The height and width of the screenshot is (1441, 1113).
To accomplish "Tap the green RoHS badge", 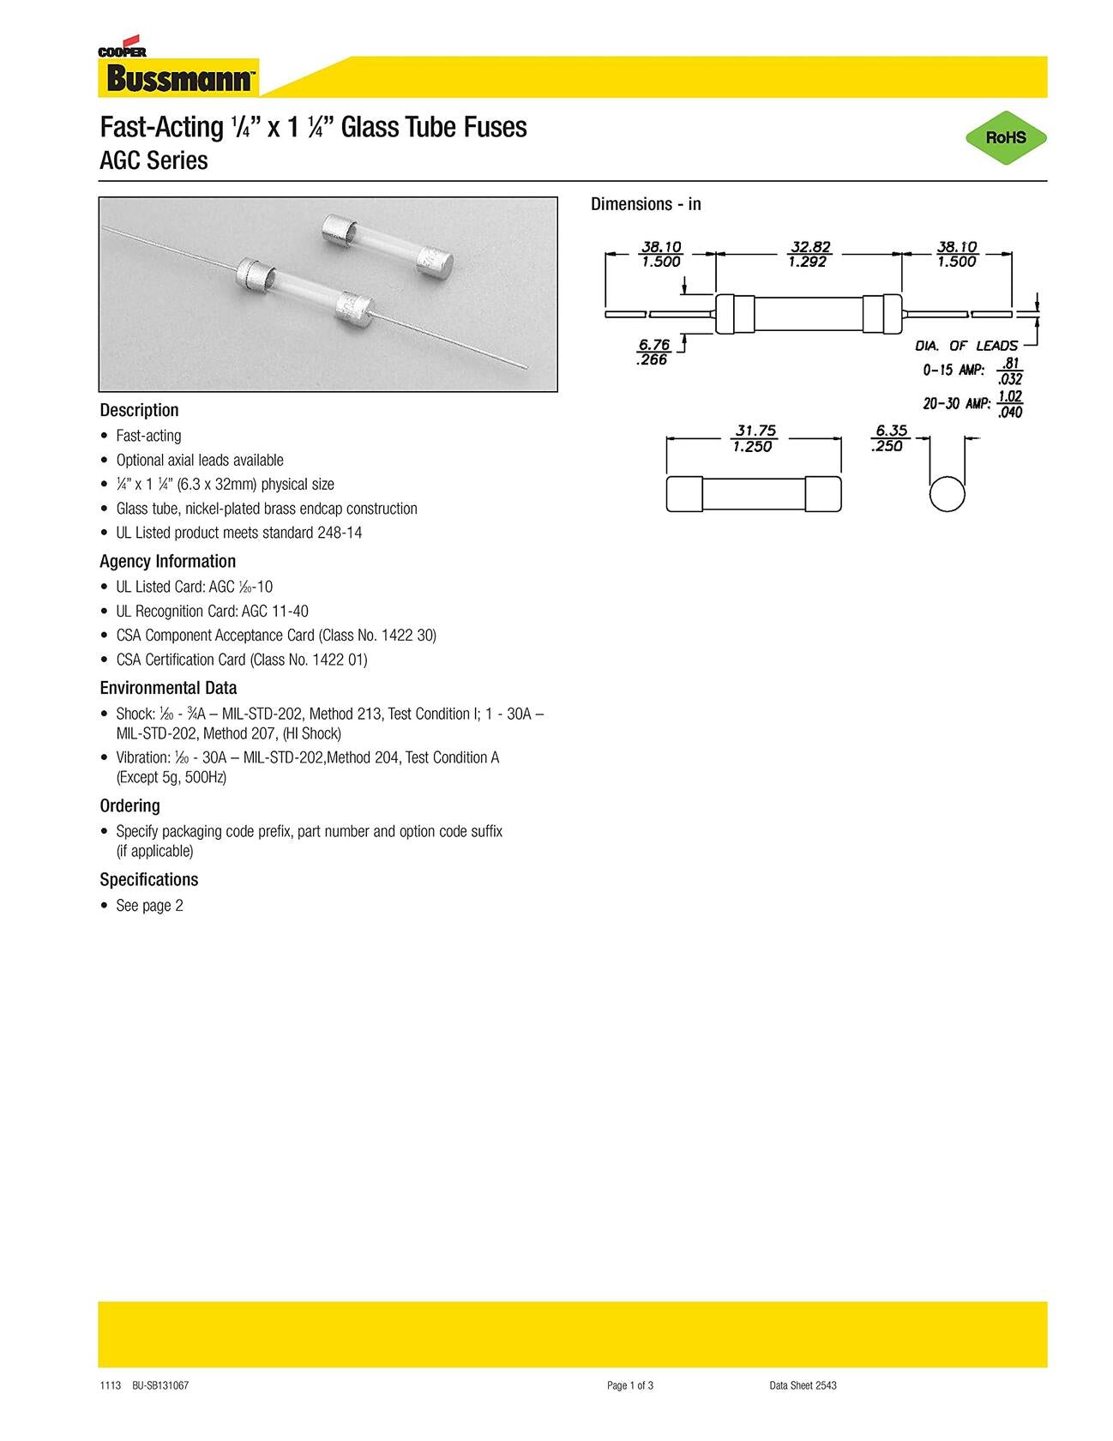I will point(1005,137).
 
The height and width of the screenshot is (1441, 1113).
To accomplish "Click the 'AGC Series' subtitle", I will point(153,160).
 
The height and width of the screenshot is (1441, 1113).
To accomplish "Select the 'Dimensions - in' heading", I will point(646,204).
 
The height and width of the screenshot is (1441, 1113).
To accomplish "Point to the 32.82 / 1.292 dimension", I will point(809,255).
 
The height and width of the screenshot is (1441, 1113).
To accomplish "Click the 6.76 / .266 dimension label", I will point(653,353).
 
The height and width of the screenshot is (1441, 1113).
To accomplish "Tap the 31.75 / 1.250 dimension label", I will point(753,438).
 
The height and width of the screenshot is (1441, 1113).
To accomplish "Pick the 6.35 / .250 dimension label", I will point(889,438).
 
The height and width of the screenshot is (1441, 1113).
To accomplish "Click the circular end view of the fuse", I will point(947,493).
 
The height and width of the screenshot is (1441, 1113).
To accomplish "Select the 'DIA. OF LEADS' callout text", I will point(966,346).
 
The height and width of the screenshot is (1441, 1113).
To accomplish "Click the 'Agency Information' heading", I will point(167,561).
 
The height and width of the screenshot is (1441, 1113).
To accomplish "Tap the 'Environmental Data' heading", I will point(168,688).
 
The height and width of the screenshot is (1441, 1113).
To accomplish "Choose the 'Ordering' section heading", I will point(129,805).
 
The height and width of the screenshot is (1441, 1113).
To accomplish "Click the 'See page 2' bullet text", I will point(149,906).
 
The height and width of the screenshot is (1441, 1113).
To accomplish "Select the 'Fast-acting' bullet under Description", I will point(148,436).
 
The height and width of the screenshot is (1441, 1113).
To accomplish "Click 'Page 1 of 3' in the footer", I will point(630,1385).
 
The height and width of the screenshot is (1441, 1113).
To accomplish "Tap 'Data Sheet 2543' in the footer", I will point(803,1385).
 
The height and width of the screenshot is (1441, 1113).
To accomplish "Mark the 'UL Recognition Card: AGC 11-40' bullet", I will point(212,612).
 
